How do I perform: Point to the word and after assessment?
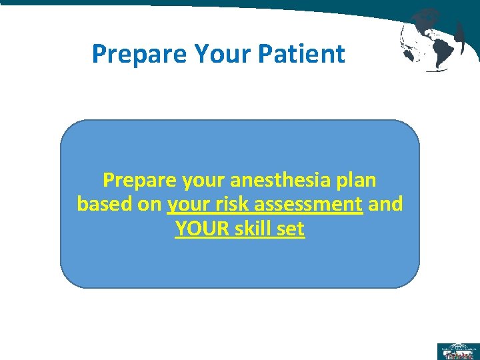[385, 204]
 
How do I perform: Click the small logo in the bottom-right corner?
[457, 351]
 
